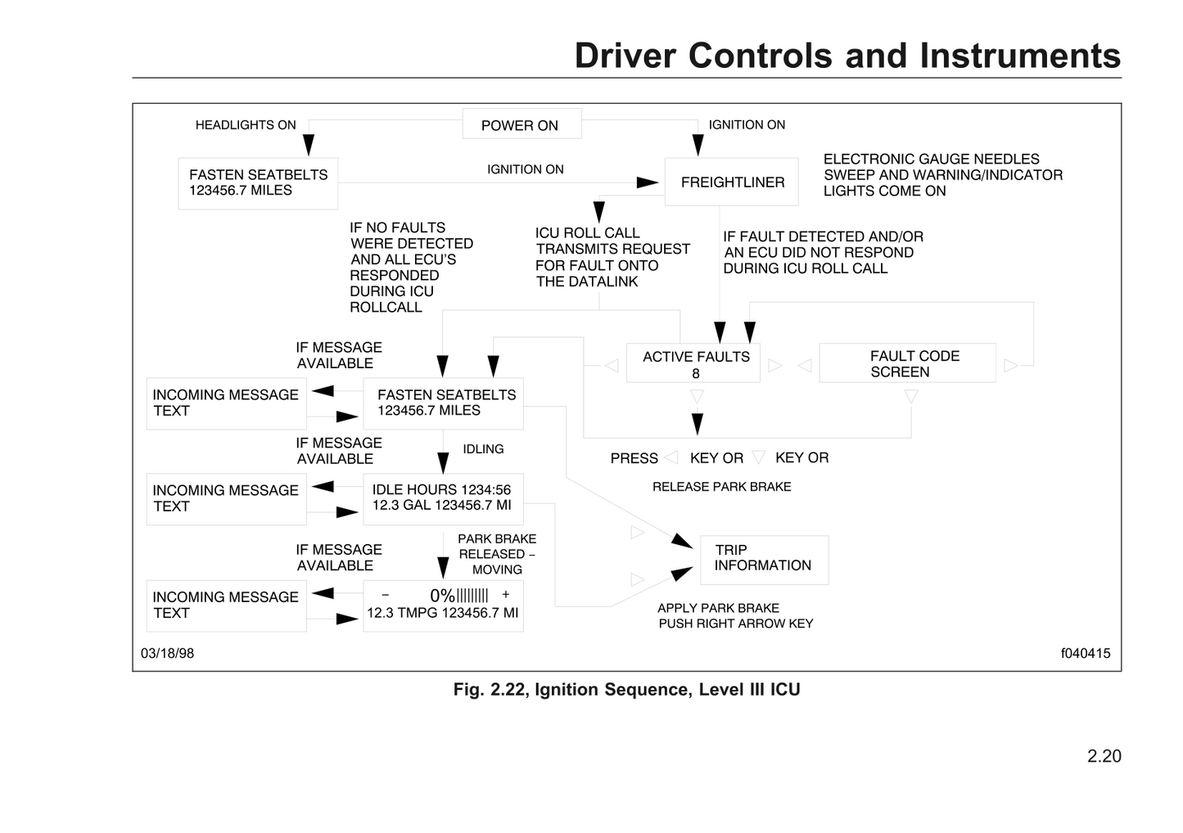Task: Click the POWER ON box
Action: click(x=522, y=124)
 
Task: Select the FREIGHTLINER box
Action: click(x=731, y=182)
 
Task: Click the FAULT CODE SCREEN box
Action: click(x=907, y=363)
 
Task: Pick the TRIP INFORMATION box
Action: click(x=764, y=559)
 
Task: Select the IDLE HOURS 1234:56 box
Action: click(x=443, y=498)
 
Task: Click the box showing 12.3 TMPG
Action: click(x=443, y=606)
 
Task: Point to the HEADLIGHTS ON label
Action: click(x=246, y=125)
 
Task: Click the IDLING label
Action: click(x=483, y=449)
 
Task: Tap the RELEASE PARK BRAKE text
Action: click(x=721, y=487)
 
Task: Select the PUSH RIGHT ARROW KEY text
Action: click(x=735, y=624)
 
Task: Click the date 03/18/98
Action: click(x=167, y=653)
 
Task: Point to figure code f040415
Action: click(x=1085, y=653)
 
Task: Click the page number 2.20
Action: click(x=1104, y=756)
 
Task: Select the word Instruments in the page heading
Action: click(x=1019, y=56)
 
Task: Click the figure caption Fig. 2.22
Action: click(x=626, y=690)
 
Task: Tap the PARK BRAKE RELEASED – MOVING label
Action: click(x=497, y=554)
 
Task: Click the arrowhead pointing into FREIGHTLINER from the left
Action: click(x=648, y=182)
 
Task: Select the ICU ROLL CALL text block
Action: click(x=612, y=257)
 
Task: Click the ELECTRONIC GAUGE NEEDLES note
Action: click(x=942, y=175)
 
